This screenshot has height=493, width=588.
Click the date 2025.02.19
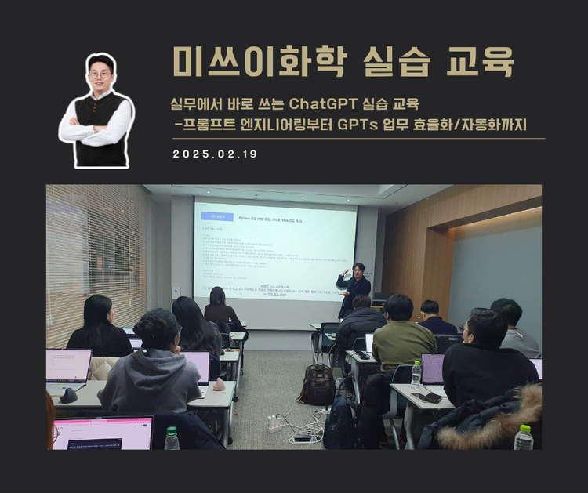point(215,154)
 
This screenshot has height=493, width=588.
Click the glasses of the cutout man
point(100,74)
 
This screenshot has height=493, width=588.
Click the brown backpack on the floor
point(319,384)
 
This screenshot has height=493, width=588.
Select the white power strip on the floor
point(274,425)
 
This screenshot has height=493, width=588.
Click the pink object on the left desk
point(219,385)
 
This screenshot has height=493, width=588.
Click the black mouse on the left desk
point(69,395)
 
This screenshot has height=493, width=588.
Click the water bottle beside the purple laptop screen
point(416,372)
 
